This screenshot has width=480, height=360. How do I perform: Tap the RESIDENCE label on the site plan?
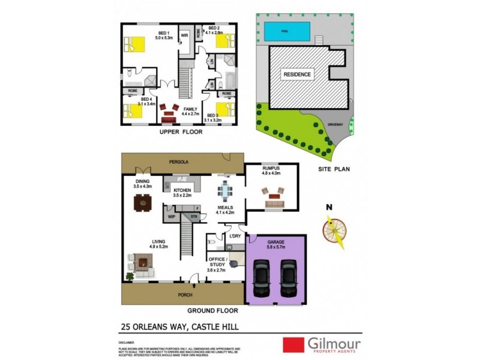point(297,74)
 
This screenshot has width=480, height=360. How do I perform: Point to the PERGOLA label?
point(179,162)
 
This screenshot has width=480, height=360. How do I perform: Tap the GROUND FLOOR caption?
point(212,311)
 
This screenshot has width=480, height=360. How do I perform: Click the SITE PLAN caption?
point(333,169)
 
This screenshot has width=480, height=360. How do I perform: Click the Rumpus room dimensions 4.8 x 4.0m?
point(272,175)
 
